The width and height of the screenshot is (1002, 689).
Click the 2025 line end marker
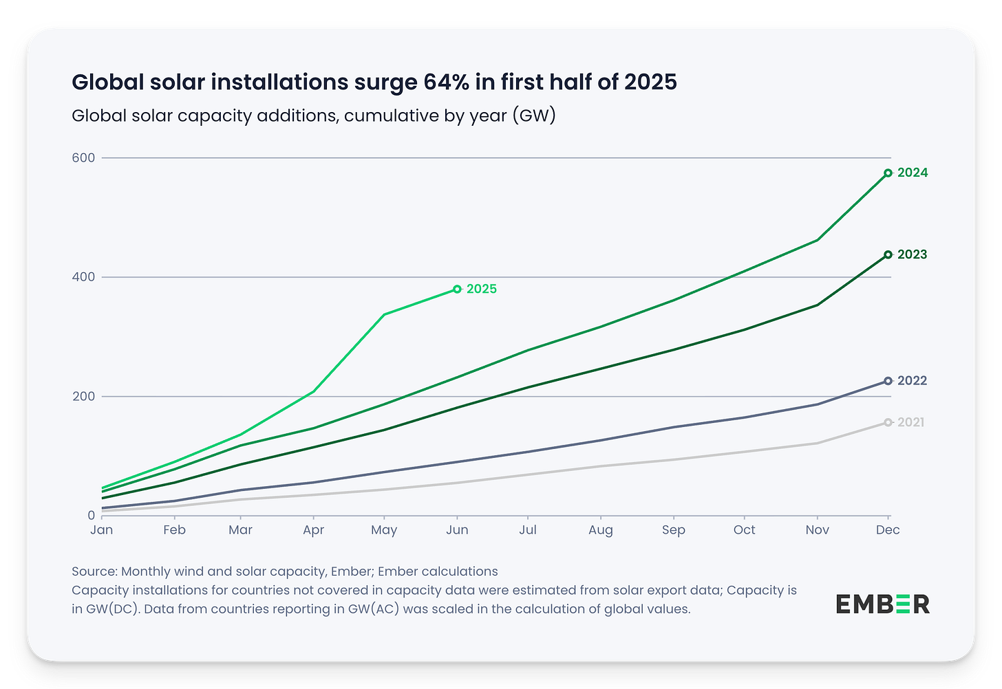click(x=457, y=289)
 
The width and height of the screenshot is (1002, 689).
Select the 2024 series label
click(x=913, y=173)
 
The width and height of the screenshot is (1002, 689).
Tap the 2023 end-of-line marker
click(x=888, y=254)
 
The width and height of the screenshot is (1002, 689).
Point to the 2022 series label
click(x=912, y=381)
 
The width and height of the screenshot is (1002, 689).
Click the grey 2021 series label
click(x=910, y=422)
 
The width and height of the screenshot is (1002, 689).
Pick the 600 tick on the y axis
click(x=83, y=157)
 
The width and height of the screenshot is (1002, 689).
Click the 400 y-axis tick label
click(x=83, y=277)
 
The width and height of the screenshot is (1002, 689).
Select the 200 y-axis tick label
click(x=83, y=397)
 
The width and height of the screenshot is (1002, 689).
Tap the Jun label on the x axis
click(x=457, y=530)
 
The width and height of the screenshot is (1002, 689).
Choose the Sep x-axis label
click(x=674, y=530)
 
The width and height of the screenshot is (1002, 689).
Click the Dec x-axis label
click(x=888, y=530)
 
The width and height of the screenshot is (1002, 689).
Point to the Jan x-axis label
click(x=102, y=530)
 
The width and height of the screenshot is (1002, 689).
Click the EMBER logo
click(x=883, y=604)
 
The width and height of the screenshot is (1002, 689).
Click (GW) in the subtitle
click(x=533, y=115)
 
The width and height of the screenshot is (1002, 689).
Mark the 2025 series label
click(x=482, y=289)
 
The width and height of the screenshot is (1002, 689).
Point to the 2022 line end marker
click(x=888, y=381)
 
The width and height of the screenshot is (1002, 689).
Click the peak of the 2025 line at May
click(x=384, y=314)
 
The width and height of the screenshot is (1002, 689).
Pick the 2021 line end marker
click(x=888, y=422)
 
